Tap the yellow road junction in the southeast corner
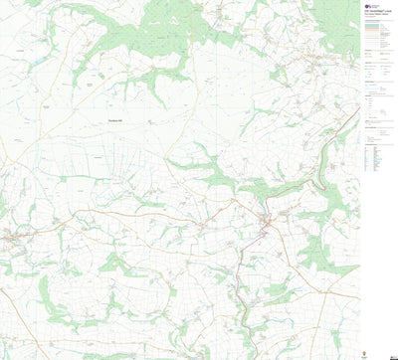pos(328,298)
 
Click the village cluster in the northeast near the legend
pos(318,65)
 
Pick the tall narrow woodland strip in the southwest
pos(44,298)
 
